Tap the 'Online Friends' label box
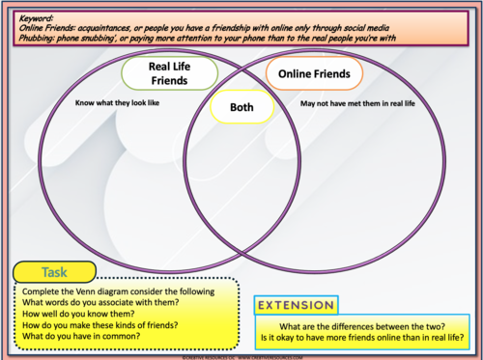point(314,73)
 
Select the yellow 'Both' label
point(241,108)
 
